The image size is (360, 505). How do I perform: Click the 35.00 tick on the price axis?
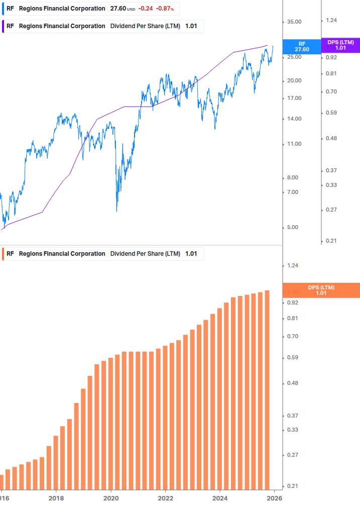tap(294, 22)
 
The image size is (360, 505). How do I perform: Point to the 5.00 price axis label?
tap(294, 227)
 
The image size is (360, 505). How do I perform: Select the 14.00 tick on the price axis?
tap(294, 119)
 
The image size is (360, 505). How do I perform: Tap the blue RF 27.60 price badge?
tap(302, 47)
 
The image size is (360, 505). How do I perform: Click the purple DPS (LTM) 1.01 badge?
tap(340, 45)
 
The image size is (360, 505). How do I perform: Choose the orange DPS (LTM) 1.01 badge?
tap(321, 290)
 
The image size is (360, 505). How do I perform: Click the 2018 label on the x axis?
tap(56, 498)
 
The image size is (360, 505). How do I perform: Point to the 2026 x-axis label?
tap(274, 498)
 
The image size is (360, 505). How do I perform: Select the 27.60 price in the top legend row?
tap(118, 9)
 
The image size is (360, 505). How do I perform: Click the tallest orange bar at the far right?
tap(267, 389)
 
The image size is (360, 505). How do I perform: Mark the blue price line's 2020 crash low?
tap(116, 211)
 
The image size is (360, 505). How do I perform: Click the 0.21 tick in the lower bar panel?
tap(292, 486)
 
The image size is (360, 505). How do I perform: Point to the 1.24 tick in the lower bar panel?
tap(292, 265)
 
